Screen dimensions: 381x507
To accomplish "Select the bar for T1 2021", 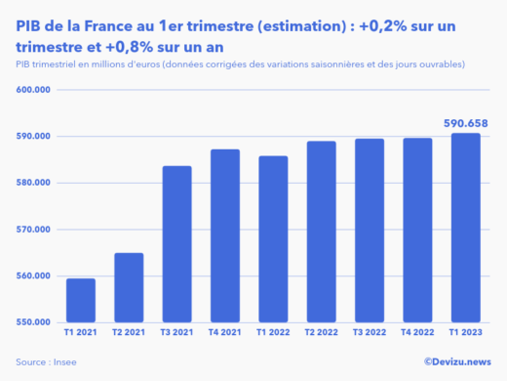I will click(81, 300).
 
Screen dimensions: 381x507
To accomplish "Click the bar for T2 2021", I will click(129, 287).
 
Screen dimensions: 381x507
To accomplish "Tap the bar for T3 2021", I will click(176, 244).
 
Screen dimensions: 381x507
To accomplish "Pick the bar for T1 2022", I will click(273, 239).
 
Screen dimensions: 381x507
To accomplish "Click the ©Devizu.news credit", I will click(457, 362).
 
